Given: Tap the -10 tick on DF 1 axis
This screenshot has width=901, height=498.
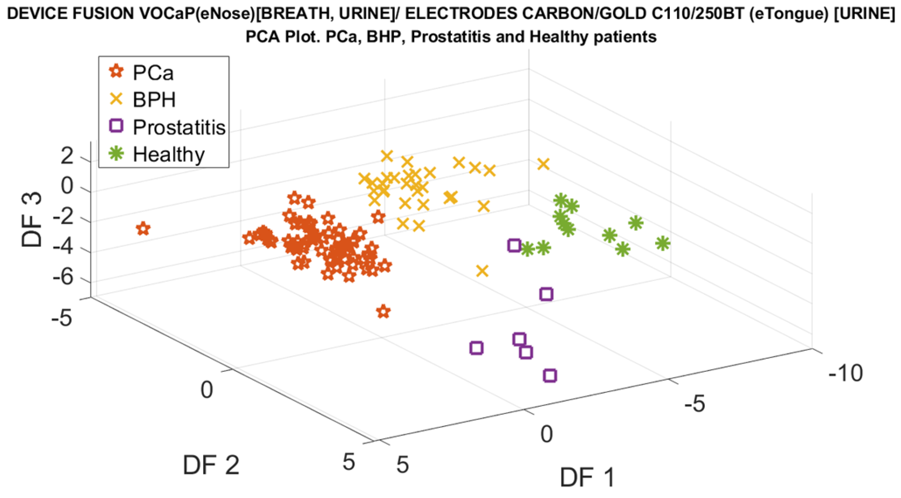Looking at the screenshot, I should (845, 373).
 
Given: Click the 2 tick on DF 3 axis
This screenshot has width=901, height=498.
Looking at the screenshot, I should (67, 156).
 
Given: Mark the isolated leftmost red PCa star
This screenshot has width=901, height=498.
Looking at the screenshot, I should (143, 229).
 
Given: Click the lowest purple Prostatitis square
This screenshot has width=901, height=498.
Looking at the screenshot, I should (549, 376).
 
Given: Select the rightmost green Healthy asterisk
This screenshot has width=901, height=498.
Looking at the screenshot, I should (662, 243).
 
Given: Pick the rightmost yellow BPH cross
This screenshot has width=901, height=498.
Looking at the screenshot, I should (543, 164).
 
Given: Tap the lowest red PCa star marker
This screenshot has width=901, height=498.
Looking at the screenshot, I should (383, 311).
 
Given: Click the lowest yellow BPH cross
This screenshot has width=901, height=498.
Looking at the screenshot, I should (482, 271).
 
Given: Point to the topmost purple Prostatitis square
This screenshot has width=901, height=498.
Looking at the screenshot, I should (514, 246).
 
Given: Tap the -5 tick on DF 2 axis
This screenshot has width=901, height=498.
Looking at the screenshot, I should (61, 319).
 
